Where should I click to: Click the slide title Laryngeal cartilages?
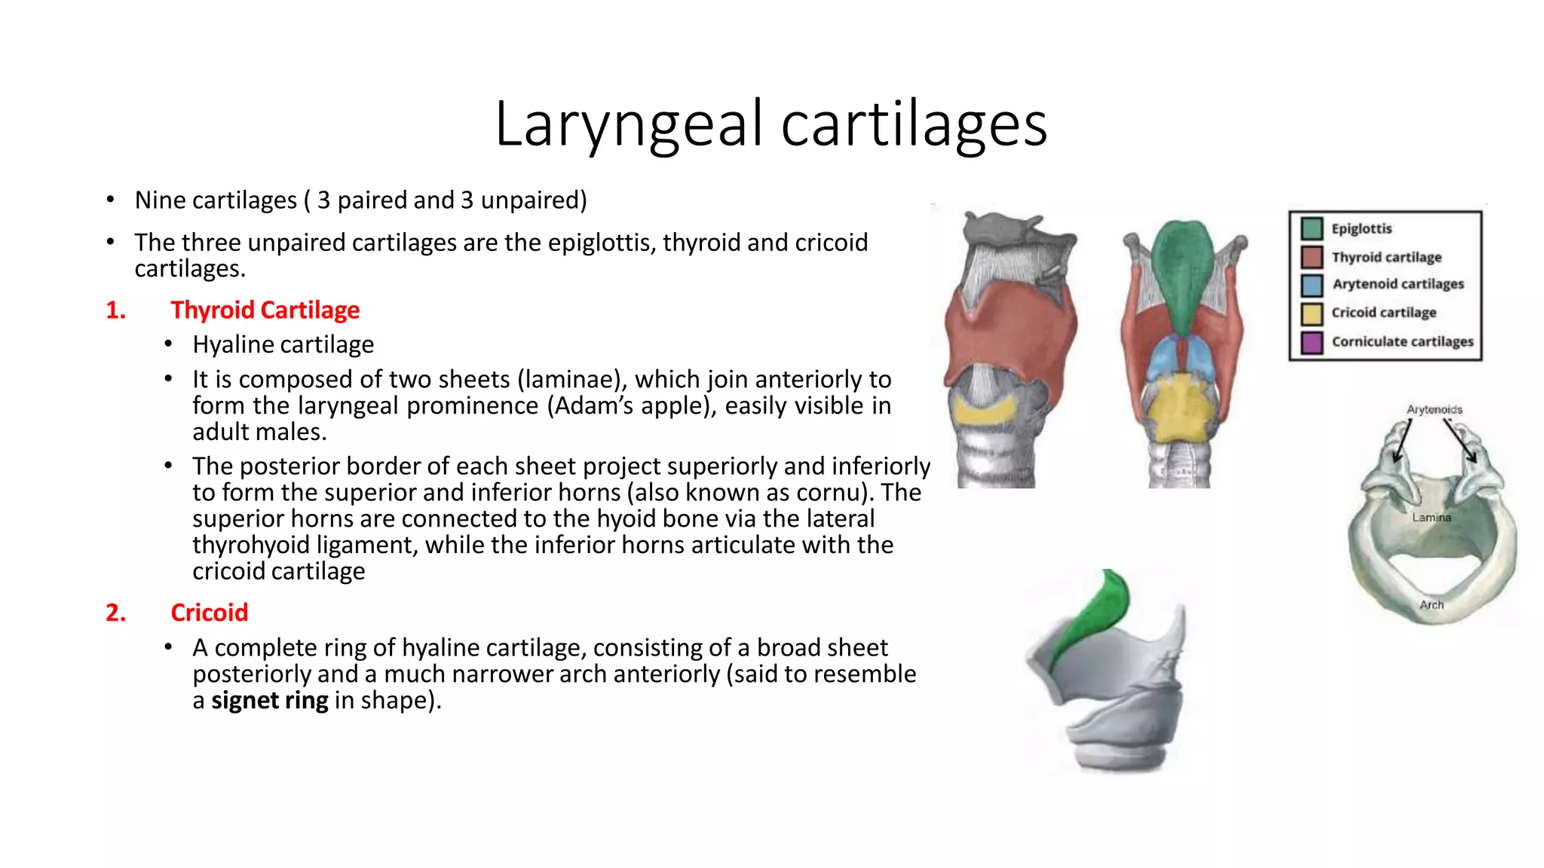770,124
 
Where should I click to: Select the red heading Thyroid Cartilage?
265,310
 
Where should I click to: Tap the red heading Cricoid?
209,613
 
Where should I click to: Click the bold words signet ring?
269,700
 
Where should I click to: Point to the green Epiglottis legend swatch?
1312,228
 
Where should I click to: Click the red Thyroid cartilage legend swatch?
1312,257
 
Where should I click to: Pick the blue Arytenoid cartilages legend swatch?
1312,285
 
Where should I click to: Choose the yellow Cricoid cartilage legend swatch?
1312,313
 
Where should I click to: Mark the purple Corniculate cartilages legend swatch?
1312,342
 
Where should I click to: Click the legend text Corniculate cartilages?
1402,341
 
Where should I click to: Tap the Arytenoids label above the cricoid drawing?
1434,409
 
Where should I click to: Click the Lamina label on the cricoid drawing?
1431,518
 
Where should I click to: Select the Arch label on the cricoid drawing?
1431,604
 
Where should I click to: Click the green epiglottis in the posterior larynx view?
1182,271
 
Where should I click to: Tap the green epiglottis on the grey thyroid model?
1093,610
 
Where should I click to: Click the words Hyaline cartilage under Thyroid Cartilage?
283,344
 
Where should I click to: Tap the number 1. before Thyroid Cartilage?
115,310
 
